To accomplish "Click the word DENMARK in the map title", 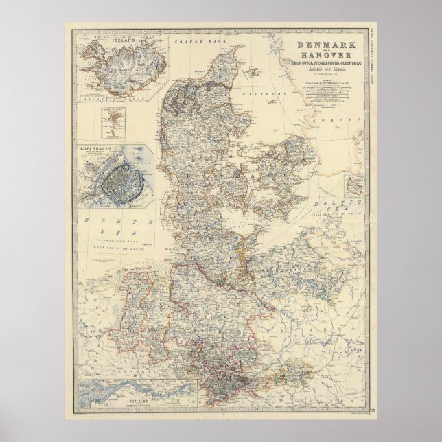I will coord(323,45).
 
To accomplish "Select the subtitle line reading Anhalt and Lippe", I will coord(323,71).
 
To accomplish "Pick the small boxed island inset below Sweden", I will coord(355,185).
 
